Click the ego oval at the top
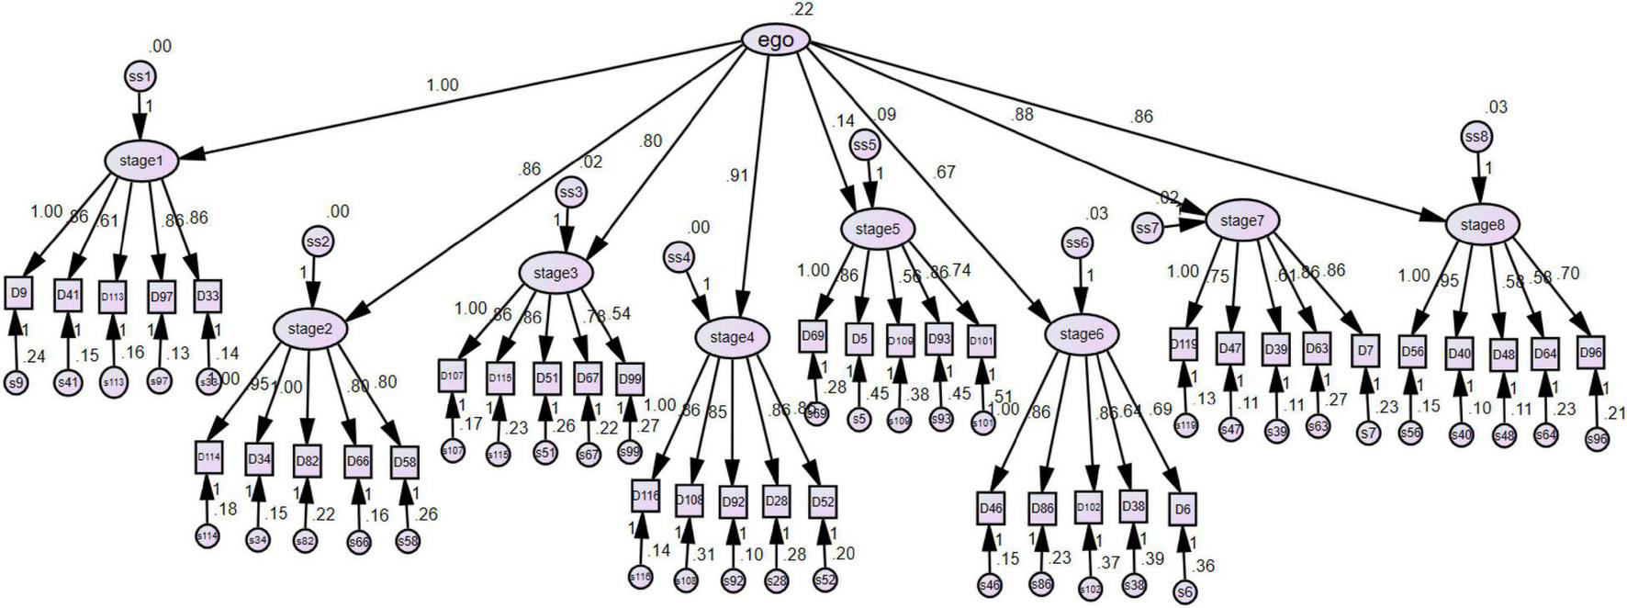tap(776, 40)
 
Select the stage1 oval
tap(140, 161)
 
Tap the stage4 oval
tap(731, 337)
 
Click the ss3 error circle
tap(570, 193)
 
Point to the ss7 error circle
tap(1146, 228)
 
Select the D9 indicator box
tap(17, 294)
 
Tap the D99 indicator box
tap(630, 377)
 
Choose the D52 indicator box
tap(823, 501)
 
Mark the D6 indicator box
tap(1184, 509)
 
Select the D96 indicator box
tap(1591, 352)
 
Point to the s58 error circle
tap(408, 542)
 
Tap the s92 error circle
tap(733, 580)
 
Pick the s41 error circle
tap(66, 382)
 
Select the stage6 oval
tap(1081, 334)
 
